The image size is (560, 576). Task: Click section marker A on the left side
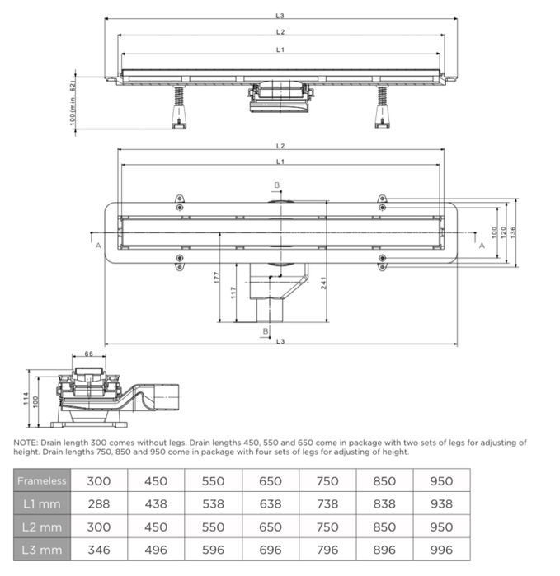coord(98,246)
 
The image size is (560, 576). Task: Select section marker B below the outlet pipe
coord(266,330)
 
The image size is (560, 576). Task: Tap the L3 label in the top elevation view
coord(280,15)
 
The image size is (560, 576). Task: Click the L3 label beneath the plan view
coord(280,340)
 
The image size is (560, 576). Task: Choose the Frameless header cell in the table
coord(42,480)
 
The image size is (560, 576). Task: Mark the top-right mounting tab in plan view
coord(381,199)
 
